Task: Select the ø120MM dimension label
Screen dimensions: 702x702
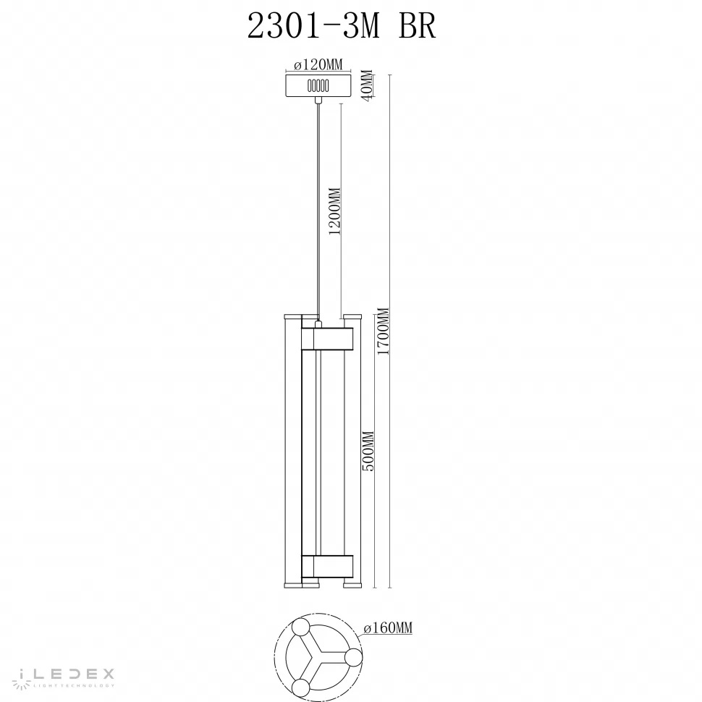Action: [x=319, y=65]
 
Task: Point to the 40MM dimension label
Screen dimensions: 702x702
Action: [x=367, y=85]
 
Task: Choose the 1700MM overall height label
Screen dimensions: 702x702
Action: [x=384, y=331]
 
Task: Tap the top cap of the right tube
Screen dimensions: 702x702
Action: [x=352, y=316]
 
